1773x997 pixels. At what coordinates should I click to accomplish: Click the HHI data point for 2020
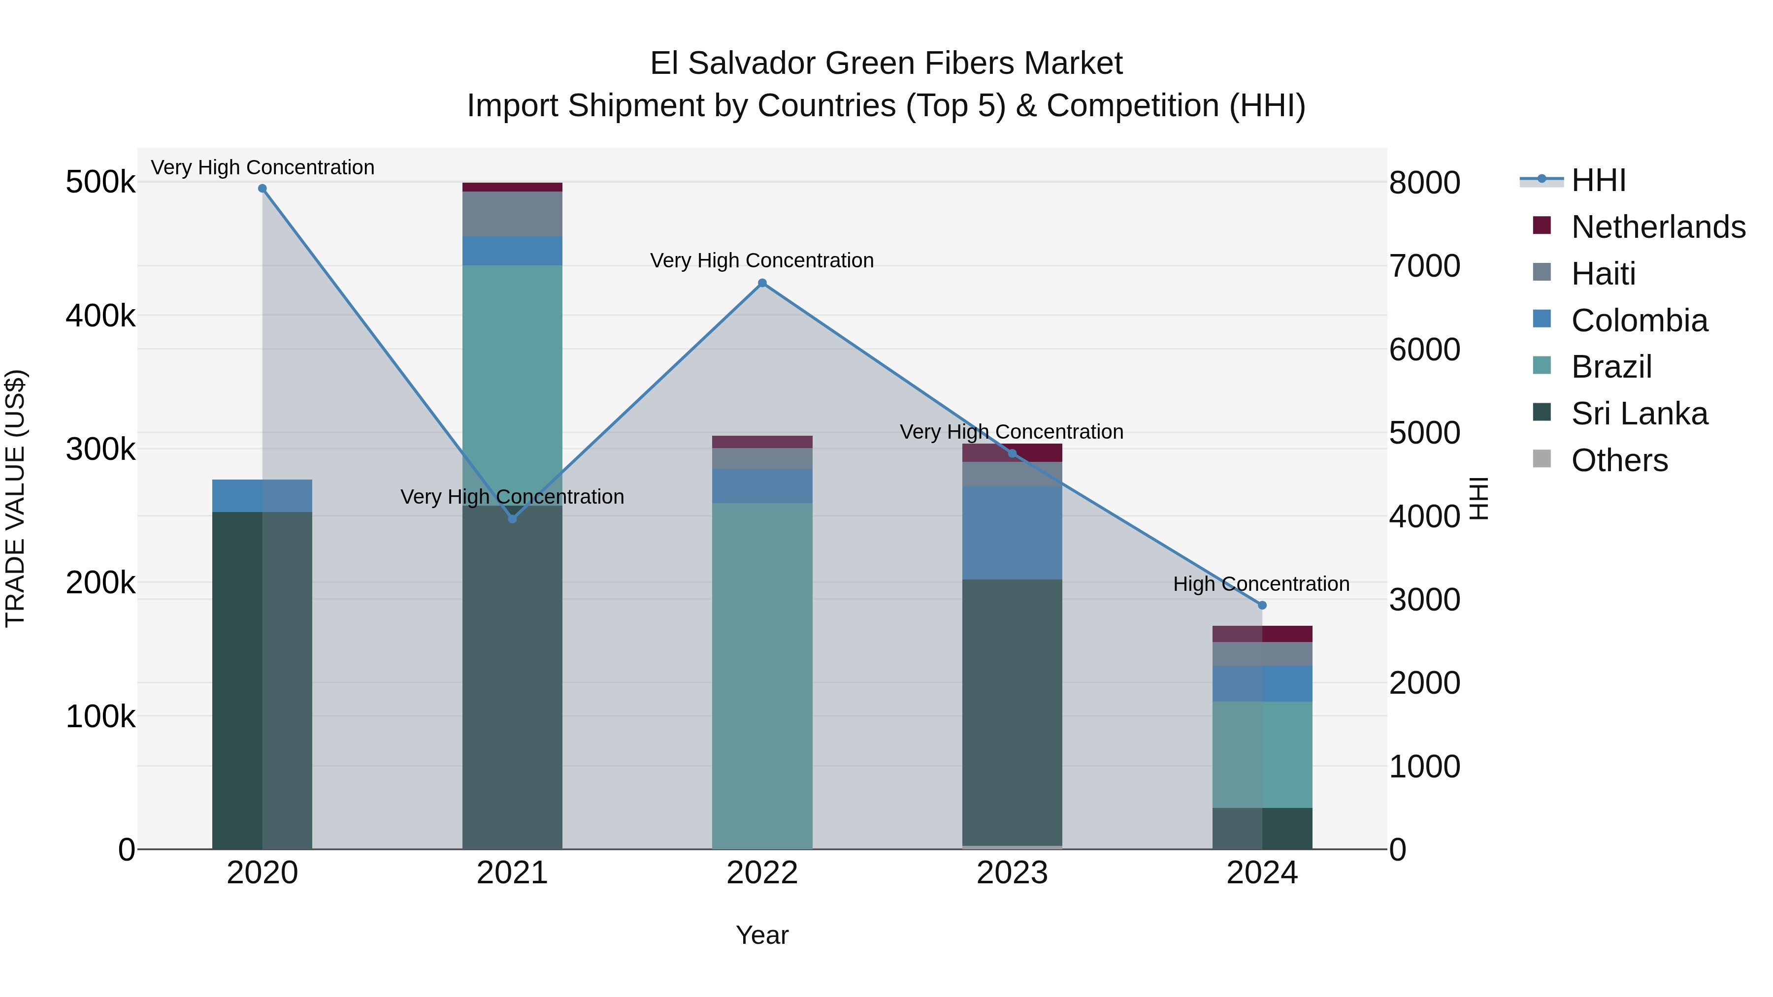click(x=262, y=189)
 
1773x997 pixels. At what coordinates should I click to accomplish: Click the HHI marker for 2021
click(x=512, y=519)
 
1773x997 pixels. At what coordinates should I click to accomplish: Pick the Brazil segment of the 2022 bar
click(x=762, y=675)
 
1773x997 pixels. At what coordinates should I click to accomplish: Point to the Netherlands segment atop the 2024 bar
click(x=1262, y=634)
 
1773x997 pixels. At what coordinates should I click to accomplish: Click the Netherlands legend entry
click(x=1657, y=227)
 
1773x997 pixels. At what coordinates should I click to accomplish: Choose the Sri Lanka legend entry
click(x=1638, y=414)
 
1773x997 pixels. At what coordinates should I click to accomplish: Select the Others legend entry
click(x=1618, y=460)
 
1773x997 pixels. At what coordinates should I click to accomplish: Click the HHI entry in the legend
click(x=1598, y=180)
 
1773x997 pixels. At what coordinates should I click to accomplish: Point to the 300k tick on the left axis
click(x=100, y=450)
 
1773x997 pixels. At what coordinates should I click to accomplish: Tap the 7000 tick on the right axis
click(x=1424, y=266)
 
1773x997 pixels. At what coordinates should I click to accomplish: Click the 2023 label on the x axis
click(x=1012, y=873)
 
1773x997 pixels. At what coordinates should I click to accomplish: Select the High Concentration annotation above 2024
click(x=1261, y=584)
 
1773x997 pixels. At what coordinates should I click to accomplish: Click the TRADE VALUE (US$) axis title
click(x=15, y=498)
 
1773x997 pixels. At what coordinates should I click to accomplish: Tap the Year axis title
click(x=762, y=935)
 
